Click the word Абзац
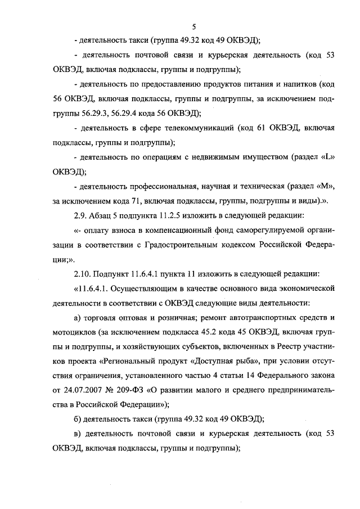[104, 215]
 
